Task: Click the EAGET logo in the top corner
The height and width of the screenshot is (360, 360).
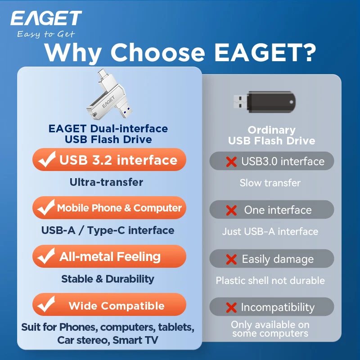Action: tap(46, 18)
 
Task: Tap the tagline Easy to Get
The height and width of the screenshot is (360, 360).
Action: tap(46, 34)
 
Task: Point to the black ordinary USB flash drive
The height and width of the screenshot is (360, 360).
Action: tap(265, 102)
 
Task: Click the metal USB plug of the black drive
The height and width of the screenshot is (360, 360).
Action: tap(240, 102)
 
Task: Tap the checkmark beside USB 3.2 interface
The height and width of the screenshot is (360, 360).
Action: tap(47, 159)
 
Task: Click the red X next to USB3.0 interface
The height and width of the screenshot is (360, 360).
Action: tap(231, 162)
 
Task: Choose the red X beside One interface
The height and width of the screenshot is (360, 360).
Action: tap(231, 210)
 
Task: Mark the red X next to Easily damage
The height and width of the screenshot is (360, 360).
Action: tap(231, 260)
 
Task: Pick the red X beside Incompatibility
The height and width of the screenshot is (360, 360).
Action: tap(231, 308)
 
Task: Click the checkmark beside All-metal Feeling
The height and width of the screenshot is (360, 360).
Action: tap(46, 256)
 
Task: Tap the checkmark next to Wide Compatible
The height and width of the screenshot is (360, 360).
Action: tap(46, 304)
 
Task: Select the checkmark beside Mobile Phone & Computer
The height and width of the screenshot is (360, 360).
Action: tap(46, 207)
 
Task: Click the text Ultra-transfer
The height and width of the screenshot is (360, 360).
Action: tap(106, 182)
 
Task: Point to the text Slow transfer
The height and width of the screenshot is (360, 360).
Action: tap(270, 183)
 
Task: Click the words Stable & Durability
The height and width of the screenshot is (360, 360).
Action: tap(108, 279)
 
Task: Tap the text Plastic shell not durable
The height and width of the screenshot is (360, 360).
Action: tap(270, 280)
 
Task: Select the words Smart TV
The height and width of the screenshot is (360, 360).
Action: tap(135, 340)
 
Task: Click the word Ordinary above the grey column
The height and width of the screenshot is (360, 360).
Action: tap(272, 130)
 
